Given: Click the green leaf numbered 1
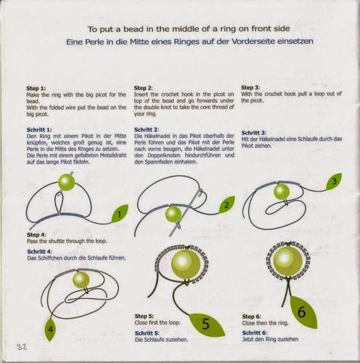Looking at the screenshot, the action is tap(120, 213).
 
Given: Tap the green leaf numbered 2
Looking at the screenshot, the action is tap(227, 205).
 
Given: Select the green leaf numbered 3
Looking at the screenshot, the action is tap(334, 181).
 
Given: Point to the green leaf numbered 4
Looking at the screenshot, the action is tap(50, 329).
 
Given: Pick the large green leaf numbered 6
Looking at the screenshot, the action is tap(303, 312).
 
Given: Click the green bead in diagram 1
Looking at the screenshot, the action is tap(66, 182).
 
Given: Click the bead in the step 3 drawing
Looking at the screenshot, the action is tap(281, 192).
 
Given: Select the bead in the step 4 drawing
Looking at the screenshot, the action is tap(81, 280).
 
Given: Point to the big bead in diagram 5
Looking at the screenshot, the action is tap(186, 264).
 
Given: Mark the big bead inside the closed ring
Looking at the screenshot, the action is tap(288, 261).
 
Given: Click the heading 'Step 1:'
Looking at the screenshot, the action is tap(36, 88).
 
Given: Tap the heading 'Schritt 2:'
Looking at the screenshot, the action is tap(146, 129).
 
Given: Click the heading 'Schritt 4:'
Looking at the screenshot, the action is tap(40, 251).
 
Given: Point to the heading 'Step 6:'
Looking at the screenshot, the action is tap(251, 316).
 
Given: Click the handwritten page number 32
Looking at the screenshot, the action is tap(22, 347).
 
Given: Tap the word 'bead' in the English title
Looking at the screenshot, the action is tap(132, 29).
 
